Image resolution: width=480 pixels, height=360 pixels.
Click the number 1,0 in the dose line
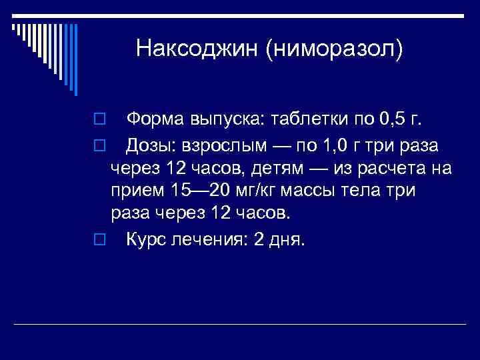coord(341,146)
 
